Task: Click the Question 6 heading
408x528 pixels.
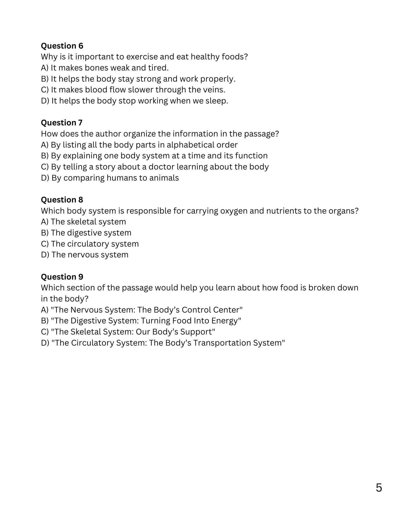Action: point(62,46)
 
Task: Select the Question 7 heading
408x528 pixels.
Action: point(62,123)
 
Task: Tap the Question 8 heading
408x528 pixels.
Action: point(62,200)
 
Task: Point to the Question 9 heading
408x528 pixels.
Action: point(62,277)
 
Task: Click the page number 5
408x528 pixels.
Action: point(379,488)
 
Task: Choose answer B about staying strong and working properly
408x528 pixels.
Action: point(138,79)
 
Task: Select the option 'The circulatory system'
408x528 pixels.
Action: point(90,244)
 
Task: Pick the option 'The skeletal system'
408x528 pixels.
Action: point(83,222)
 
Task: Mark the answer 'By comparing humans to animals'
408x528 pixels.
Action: point(110,178)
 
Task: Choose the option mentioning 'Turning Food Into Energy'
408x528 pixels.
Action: point(141,321)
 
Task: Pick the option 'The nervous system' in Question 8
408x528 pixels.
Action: point(85,255)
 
